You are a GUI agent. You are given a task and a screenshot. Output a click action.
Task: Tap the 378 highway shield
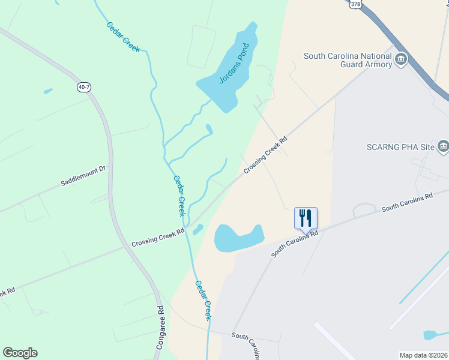(x=356, y=4)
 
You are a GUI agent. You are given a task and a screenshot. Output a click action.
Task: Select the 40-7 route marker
(x=85, y=88)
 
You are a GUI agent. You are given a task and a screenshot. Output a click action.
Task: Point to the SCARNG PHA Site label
(x=399, y=147)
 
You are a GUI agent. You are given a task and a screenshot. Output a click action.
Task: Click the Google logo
(x=20, y=353)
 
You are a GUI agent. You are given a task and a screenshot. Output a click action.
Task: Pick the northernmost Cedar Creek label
(x=123, y=37)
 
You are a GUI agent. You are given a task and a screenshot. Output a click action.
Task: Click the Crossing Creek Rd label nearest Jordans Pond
(x=266, y=155)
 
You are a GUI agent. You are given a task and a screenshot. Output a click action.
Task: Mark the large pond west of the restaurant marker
(x=238, y=238)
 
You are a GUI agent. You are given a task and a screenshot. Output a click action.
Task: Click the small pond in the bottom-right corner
(x=433, y=335)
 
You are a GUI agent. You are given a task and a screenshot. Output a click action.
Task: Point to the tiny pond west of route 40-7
(x=47, y=91)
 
